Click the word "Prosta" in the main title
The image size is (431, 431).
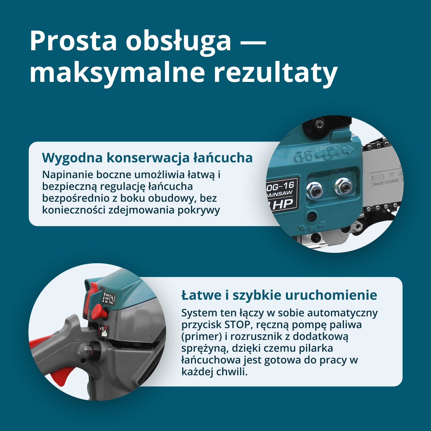pyautogui.click(x=73, y=41)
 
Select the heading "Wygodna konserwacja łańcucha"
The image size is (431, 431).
pyautogui.click(x=147, y=158)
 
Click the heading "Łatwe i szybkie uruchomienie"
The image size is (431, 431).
pyautogui.click(x=279, y=295)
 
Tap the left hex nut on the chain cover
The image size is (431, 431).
pyautogui.click(x=314, y=190)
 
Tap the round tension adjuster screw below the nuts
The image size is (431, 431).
pyautogui.click(x=313, y=217)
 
